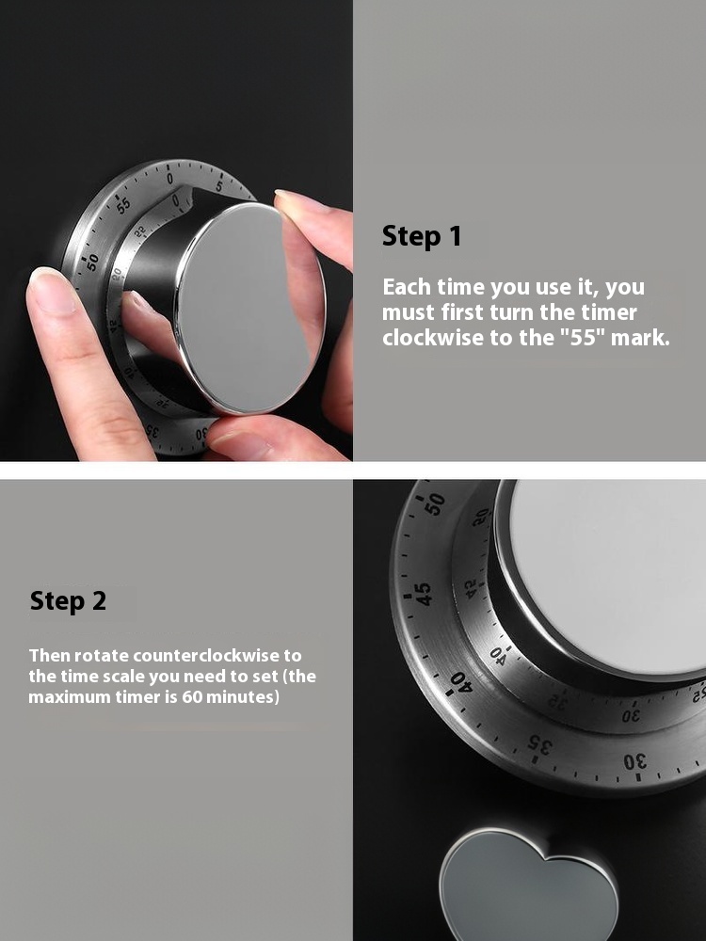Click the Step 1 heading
422,236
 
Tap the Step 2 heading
68,600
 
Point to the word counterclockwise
217,655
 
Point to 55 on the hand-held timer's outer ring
123,206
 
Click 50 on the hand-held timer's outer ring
91,263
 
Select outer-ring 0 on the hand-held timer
169,178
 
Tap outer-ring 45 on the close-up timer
423,594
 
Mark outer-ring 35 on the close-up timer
538,744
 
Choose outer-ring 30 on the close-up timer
634,763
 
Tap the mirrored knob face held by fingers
250,309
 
